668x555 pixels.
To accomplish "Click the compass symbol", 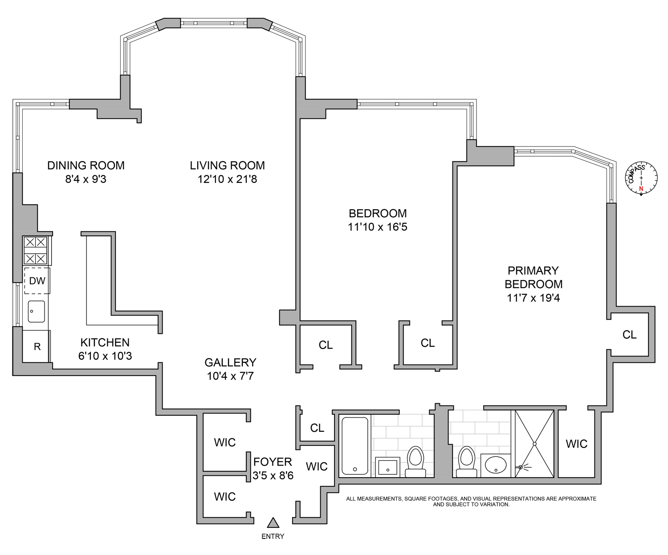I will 641,178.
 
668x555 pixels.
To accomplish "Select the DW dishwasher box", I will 37,281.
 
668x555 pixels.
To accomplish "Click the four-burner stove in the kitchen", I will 36,250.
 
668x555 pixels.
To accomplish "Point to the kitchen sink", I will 36,311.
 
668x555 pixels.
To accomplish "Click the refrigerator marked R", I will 37,346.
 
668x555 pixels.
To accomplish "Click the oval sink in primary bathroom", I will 496,466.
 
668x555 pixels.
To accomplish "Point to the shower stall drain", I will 534,444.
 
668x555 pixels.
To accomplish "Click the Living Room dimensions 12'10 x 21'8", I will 227,179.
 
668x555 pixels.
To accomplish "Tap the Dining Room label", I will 86,166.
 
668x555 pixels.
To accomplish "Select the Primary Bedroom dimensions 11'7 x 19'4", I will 533,298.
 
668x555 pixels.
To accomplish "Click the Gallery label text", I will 230,362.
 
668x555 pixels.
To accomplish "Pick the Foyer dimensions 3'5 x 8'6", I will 273,476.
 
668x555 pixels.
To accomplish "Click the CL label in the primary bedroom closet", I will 629,335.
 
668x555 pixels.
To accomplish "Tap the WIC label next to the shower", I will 576,444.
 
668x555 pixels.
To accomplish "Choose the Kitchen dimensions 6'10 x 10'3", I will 105,356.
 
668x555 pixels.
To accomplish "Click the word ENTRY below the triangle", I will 273,537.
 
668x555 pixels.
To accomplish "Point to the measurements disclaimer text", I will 471,502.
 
